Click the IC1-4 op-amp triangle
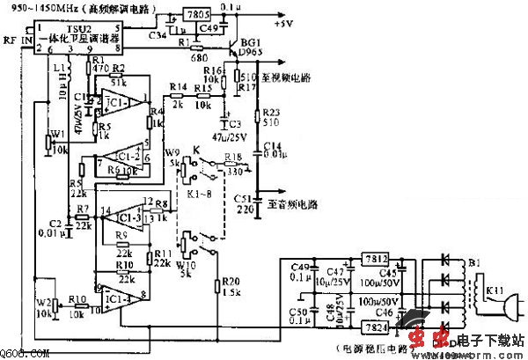[121, 299]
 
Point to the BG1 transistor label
[252, 42]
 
